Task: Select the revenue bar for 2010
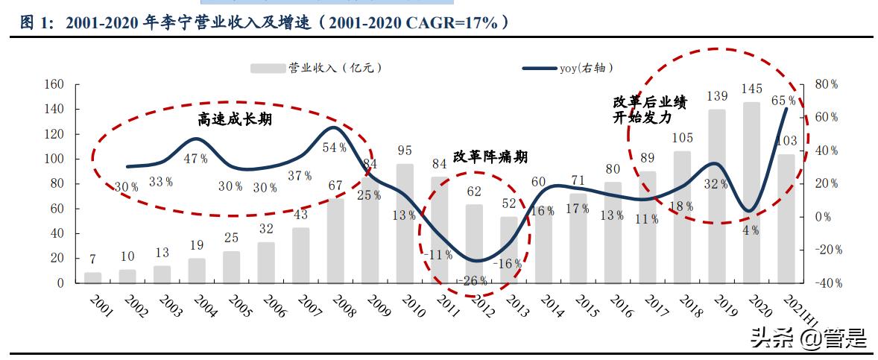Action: pyautogui.click(x=405, y=224)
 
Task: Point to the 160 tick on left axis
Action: pyautogui.click(x=54, y=84)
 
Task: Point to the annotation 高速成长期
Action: pyautogui.click(x=235, y=119)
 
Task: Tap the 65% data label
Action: pyautogui.click(x=783, y=100)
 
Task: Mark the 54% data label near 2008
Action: pyautogui.click(x=333, y=148)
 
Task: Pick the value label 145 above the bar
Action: pyautogui.click(x=751, y=89)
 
